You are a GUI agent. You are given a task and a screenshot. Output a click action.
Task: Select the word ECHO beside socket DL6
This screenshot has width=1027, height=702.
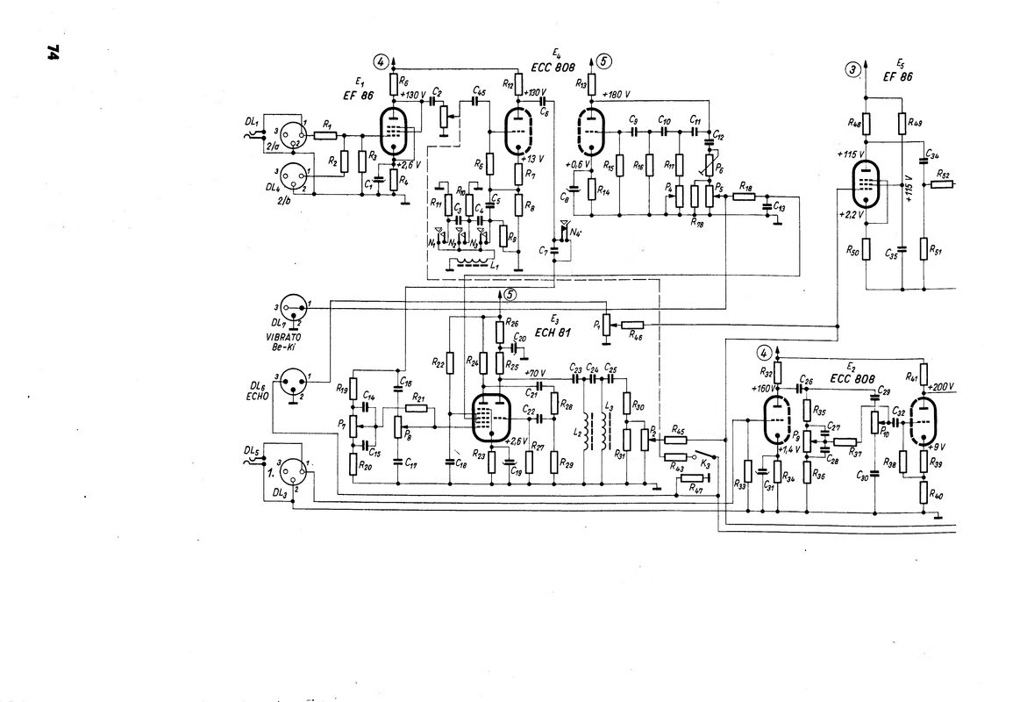click(x=257, y=395)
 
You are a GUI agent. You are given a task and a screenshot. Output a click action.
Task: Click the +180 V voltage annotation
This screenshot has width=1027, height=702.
click(x=617, y=93)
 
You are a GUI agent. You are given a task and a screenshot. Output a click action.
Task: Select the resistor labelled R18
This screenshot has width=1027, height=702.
click(x=745, y=197)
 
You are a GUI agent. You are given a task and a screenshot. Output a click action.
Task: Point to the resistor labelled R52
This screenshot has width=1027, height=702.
click(x=943, y=184)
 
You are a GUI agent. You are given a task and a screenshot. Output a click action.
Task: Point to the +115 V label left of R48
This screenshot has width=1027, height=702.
click(x=848, y=154)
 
